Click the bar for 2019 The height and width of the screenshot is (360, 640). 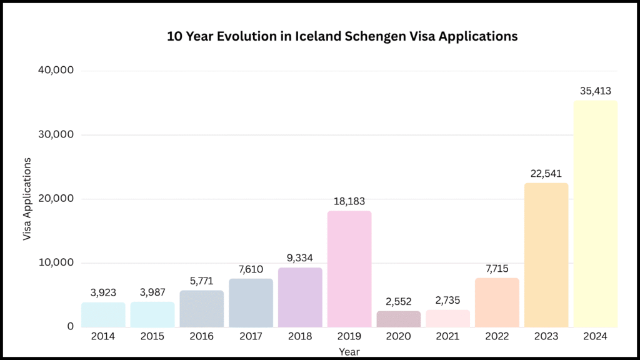point(349,269)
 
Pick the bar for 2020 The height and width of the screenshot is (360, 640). point(399,319)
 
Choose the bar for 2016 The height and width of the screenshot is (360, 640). point(202,308)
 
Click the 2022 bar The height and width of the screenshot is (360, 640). point(497,302)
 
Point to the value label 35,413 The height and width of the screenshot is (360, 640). point(595,91)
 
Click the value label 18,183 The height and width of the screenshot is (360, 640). point(349,201)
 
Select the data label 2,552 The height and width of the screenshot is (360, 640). point(399,301)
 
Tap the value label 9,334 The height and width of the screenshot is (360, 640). point(300,257)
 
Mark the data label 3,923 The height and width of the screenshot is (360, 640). point(103,292)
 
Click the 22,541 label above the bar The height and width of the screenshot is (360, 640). point(546,173)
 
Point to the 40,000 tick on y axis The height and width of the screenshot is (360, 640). point(57,71)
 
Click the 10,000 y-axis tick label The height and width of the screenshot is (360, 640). point(57,262)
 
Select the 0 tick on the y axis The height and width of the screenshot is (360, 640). point(71,326)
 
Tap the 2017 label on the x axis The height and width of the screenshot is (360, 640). point(251,337)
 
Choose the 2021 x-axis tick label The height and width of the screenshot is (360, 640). point(447,337)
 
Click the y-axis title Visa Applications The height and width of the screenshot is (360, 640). point(27,199)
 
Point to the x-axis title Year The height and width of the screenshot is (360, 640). point(349,352)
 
